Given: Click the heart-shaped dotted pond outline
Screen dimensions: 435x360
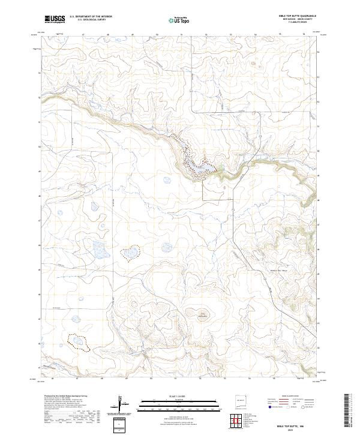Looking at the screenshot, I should (x=130, y=252).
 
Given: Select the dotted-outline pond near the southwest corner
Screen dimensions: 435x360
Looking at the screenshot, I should (x=79, y=342).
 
